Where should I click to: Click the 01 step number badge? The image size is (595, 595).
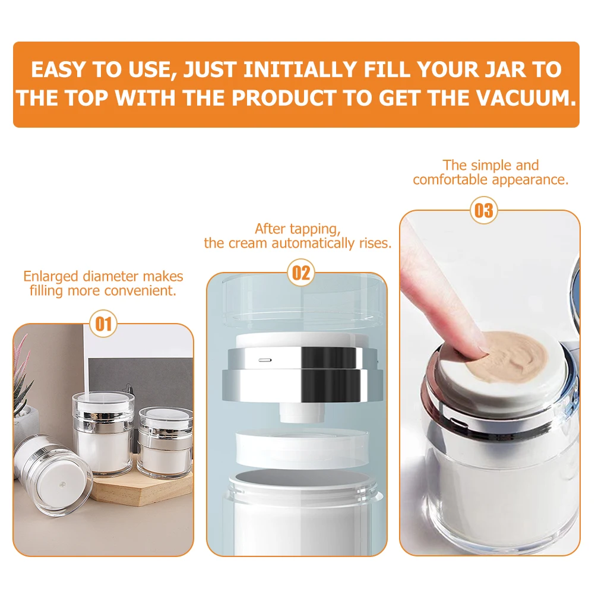[103, 324]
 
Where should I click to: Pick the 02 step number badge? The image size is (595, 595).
[301, 273]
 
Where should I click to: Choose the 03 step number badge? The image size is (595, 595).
[484, 211]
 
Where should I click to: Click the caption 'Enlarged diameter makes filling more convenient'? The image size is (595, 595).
[103, 283]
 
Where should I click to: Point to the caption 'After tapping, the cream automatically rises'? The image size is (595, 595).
[297, 236]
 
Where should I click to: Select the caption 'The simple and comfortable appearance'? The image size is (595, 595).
[490, 172]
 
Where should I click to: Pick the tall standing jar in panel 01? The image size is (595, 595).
[103, 433]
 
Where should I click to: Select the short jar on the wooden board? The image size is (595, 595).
[166, 443]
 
